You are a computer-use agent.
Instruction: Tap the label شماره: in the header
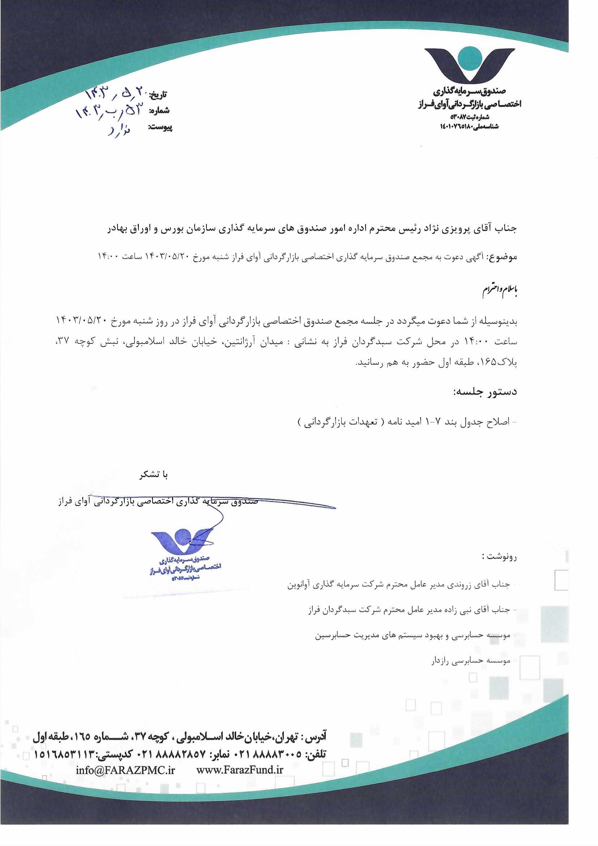[159, 110]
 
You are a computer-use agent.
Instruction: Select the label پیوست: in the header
[160, 127]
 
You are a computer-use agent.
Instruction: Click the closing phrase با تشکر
[154, 475]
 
